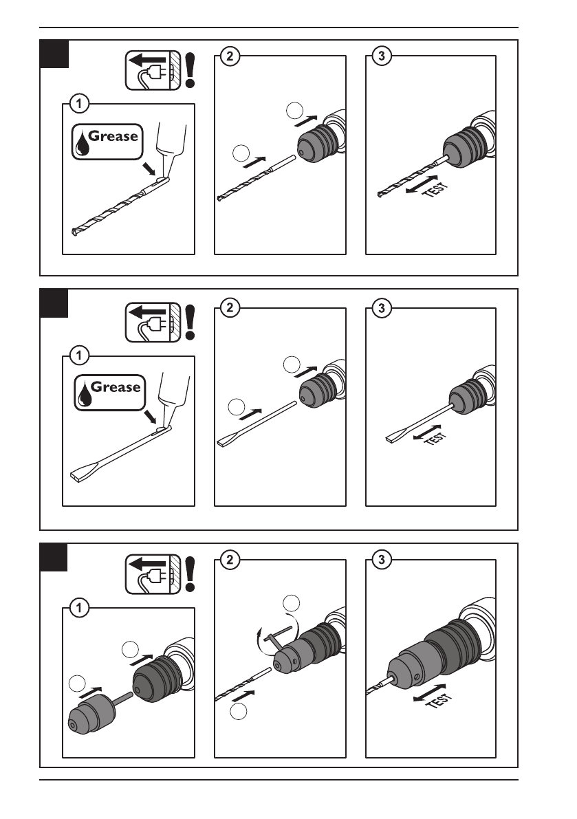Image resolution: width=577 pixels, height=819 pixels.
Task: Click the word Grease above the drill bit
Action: (113, 135)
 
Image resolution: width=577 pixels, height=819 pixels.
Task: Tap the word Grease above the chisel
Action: (116, 387)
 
